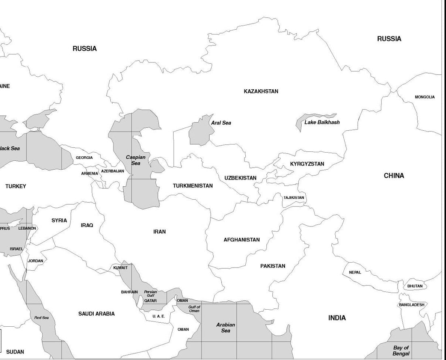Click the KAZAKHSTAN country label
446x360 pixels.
[261, 91]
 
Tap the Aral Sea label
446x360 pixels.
[221, 123]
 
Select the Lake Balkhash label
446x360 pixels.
[322, 122]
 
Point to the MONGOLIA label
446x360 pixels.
[425, 97]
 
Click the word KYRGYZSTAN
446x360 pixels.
[307, 164]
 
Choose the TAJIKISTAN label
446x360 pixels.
[294, 198]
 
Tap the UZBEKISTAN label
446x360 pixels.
[240, 178]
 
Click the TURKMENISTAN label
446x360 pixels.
[193, 186]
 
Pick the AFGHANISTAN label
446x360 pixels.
[242, 240]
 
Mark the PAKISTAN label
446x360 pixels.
[272, 266]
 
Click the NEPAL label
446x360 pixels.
[355, 272]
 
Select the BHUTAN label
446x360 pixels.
[415, 286]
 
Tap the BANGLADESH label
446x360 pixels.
[412, 305]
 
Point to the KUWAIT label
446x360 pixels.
[120, 268]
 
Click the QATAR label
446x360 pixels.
[150, 301]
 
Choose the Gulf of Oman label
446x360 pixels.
[194, 309]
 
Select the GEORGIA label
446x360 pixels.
[84, 157]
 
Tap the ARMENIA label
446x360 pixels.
[90, 173]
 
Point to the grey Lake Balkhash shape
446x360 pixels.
[300, 123]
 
